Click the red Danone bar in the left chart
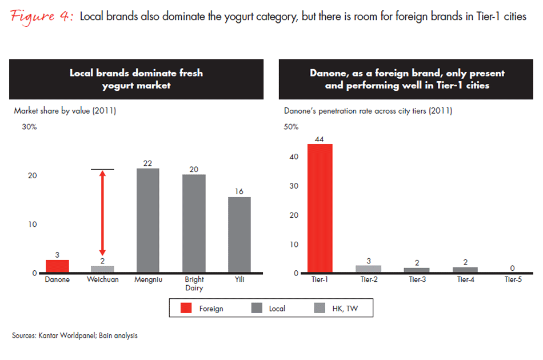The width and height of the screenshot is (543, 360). tap(57, 266)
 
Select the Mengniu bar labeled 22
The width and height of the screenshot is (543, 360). tap(147, 221)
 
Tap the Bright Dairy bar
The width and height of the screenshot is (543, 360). tap(194, 223)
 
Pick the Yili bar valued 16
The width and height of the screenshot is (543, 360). tap(239, 235)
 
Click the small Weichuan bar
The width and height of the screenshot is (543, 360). tap(102, 269)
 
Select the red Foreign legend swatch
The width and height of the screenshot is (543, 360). tap(186, 309)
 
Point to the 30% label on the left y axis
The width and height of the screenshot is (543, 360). tap(29, 127)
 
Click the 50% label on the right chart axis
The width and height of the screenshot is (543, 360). tap(291, 127)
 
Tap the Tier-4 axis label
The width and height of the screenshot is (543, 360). tap(465, 280)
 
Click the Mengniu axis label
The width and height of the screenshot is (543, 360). tap(147, 280)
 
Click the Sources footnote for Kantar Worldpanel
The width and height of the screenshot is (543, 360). tap(74, 336)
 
